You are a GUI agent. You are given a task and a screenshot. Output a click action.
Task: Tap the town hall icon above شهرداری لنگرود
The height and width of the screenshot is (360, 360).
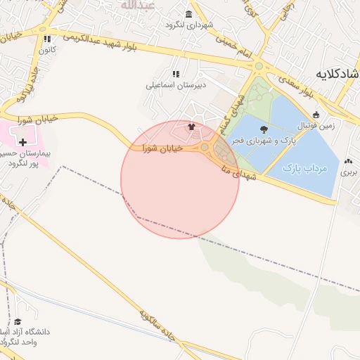pyautogui.click(x=188, y=14)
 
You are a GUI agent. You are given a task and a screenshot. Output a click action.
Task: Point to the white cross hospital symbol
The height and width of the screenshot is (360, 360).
pyautogui.click(x=23, y=142)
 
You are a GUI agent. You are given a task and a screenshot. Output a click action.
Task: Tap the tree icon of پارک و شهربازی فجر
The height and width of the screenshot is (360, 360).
pyautogui.click(x=264, y=129)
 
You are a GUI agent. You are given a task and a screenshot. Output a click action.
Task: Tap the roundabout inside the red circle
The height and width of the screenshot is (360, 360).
pyautogui.click(x=205, y=147)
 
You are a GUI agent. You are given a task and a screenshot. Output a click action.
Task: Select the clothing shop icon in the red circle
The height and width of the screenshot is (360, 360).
pyautogui.click(x=191, y=127)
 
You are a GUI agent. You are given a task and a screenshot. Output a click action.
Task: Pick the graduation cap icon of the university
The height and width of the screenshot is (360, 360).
pyautogui.click(x=18, y=321)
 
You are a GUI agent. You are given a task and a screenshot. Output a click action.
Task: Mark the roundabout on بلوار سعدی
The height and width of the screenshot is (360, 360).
pyautogui.click(x=258, y=66)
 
